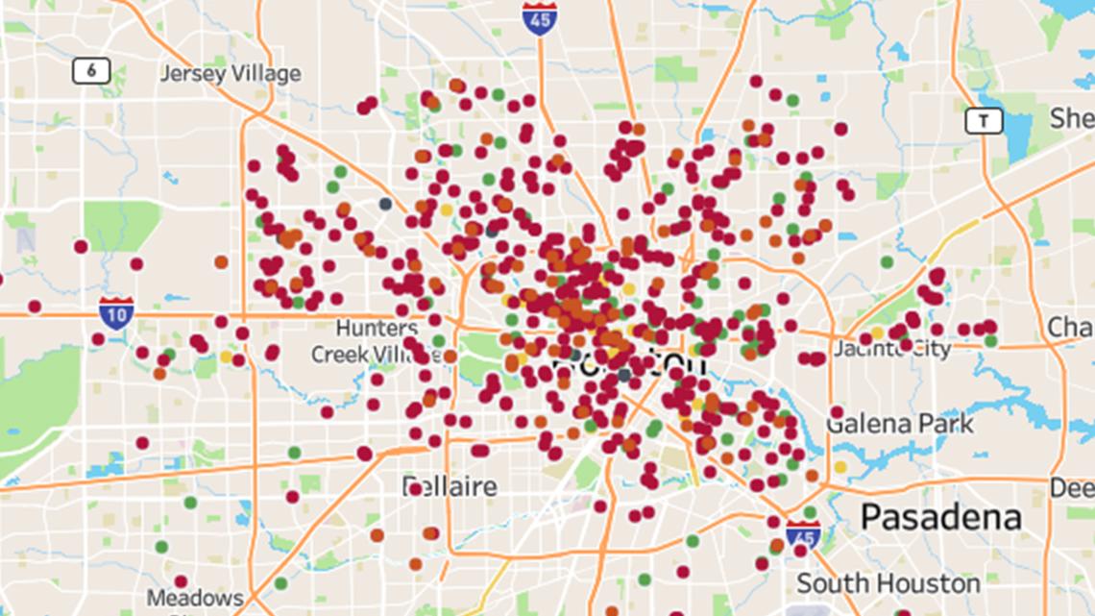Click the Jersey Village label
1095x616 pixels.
coord(231,73)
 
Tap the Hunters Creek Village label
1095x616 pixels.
coord(364,341)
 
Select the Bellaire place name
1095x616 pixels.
coord(450,486)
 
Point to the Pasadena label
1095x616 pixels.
coord(940,517)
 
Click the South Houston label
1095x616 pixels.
coord(888,583)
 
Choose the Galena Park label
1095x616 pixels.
coord(901,423)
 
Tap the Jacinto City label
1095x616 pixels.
coord(892,348)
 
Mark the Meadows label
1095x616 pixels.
coord(195,598)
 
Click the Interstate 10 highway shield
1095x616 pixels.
coord(115,313)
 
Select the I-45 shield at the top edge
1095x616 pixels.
coord(540,18)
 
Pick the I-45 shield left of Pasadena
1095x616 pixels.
coord(802,535)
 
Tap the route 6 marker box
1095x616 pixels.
coord(91,70)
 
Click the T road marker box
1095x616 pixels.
coord(984,120)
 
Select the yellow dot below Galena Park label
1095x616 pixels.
coord(840,467)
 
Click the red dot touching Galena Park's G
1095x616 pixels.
coord(836,412)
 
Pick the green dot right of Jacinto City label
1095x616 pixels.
coord(990,340)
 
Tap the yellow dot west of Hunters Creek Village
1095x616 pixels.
coord(227,356)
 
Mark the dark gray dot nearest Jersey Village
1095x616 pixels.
coord(385,204)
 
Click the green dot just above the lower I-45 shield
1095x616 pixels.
coord(809,512)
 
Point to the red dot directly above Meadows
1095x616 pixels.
coord(181,580)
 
